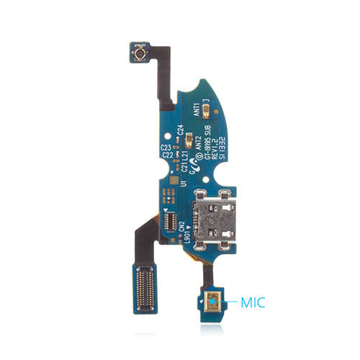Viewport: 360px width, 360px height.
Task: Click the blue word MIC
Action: point(253,305)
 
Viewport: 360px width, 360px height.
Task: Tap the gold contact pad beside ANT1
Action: point(207,111)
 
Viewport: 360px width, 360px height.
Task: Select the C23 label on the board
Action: point(166,146)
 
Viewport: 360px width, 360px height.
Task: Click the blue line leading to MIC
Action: point(231,304)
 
